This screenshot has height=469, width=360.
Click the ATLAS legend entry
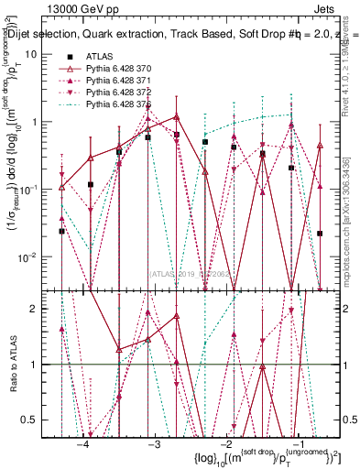tap(97, 57)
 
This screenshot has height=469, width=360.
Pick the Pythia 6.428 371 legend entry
tap(119, 82)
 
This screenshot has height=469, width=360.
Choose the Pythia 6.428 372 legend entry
tap(119, 93)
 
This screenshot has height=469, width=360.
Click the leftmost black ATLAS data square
tap(61, 231)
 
